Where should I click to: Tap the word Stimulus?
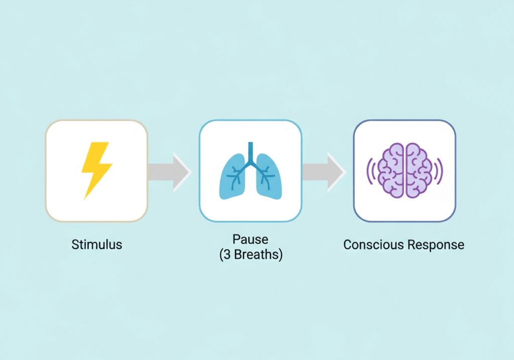(x=97, y=245)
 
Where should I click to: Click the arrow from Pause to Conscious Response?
(x=324, y=171)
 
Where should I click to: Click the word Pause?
(x=250, y=239)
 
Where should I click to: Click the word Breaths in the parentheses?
(x=255, y=255)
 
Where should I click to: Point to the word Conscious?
(x=372, y=245)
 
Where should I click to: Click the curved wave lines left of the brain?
(x=370, y=171)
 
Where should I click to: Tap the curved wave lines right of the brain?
(x=439, y=171)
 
